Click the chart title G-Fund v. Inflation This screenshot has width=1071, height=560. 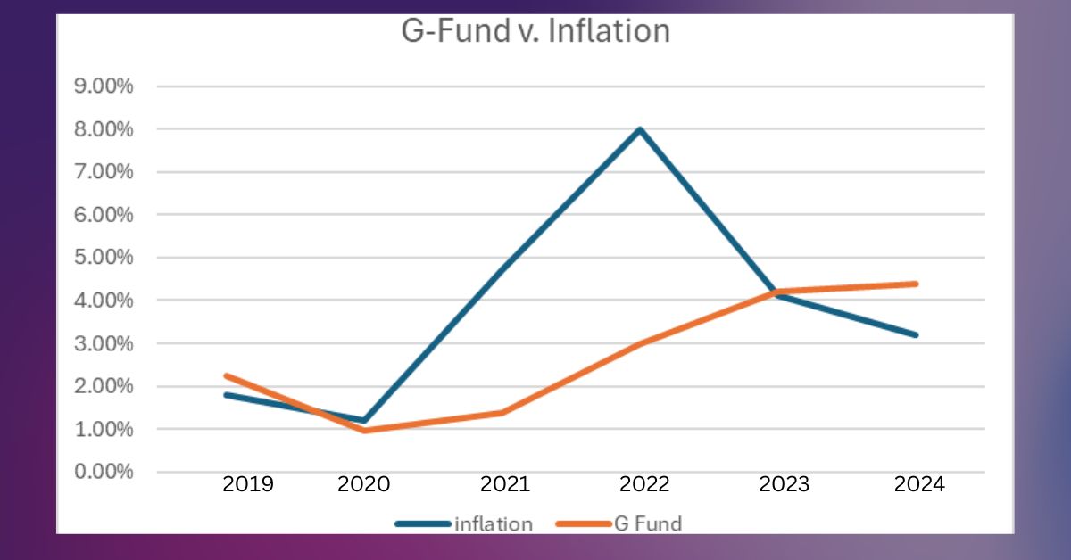pos(533,31)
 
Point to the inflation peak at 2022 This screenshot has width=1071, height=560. pos(640,129)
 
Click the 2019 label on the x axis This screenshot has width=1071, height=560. pos(247,485)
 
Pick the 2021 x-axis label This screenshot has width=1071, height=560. pos(505,485)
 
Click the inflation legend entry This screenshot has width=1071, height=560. pos(493,523)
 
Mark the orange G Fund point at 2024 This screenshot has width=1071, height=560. pos(917,284)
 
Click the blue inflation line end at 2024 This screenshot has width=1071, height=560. pos(917,335)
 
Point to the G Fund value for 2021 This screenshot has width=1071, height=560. pos(502,412)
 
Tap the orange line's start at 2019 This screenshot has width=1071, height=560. pos(226,375)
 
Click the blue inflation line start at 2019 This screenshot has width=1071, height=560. pos(226,394)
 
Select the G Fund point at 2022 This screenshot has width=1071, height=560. pos(640,343)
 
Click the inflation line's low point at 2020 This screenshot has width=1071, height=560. pos(364,420)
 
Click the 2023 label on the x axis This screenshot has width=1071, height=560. pos(784,485)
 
